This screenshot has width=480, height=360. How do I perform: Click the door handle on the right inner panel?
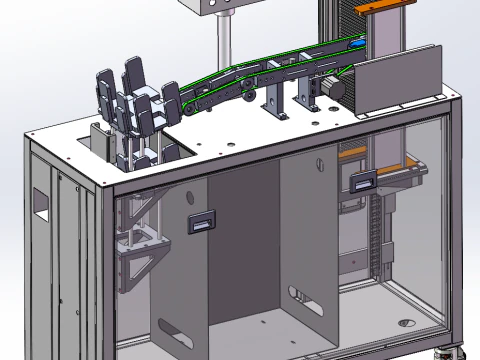coord(363,181)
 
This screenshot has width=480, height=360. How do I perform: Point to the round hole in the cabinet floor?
coord(405,324)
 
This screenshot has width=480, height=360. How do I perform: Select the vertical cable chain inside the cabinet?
coord(377,240)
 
